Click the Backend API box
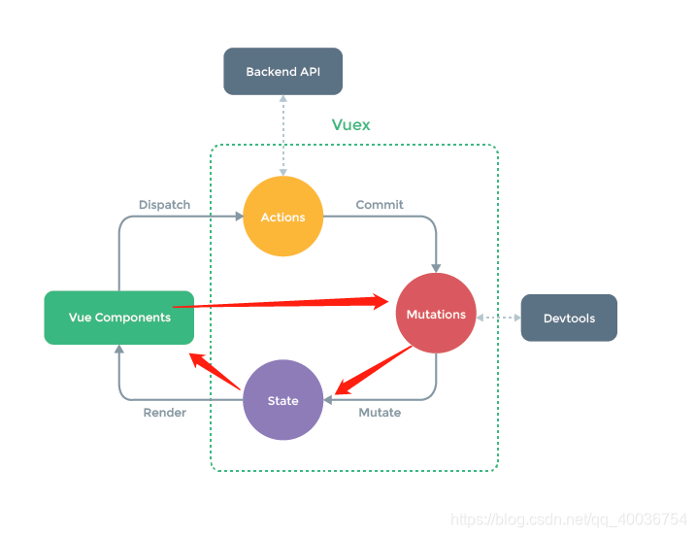pos(282,72)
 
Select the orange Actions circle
pos(282,217)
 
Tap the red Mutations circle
pos(436,314)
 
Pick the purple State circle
pos(282,400)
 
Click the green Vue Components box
pos(118,318)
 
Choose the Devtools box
pos(569,318)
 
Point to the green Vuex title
pos(350,125)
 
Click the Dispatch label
pos(164,205)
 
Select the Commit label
pos(380,205)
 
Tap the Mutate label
pos(380,413)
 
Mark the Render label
pos(164,413)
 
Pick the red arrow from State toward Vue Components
pos(215,372)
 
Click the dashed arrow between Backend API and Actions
pos(282,135)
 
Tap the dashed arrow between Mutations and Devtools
pos(498,318)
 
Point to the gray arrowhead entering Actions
pos(237,217)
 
